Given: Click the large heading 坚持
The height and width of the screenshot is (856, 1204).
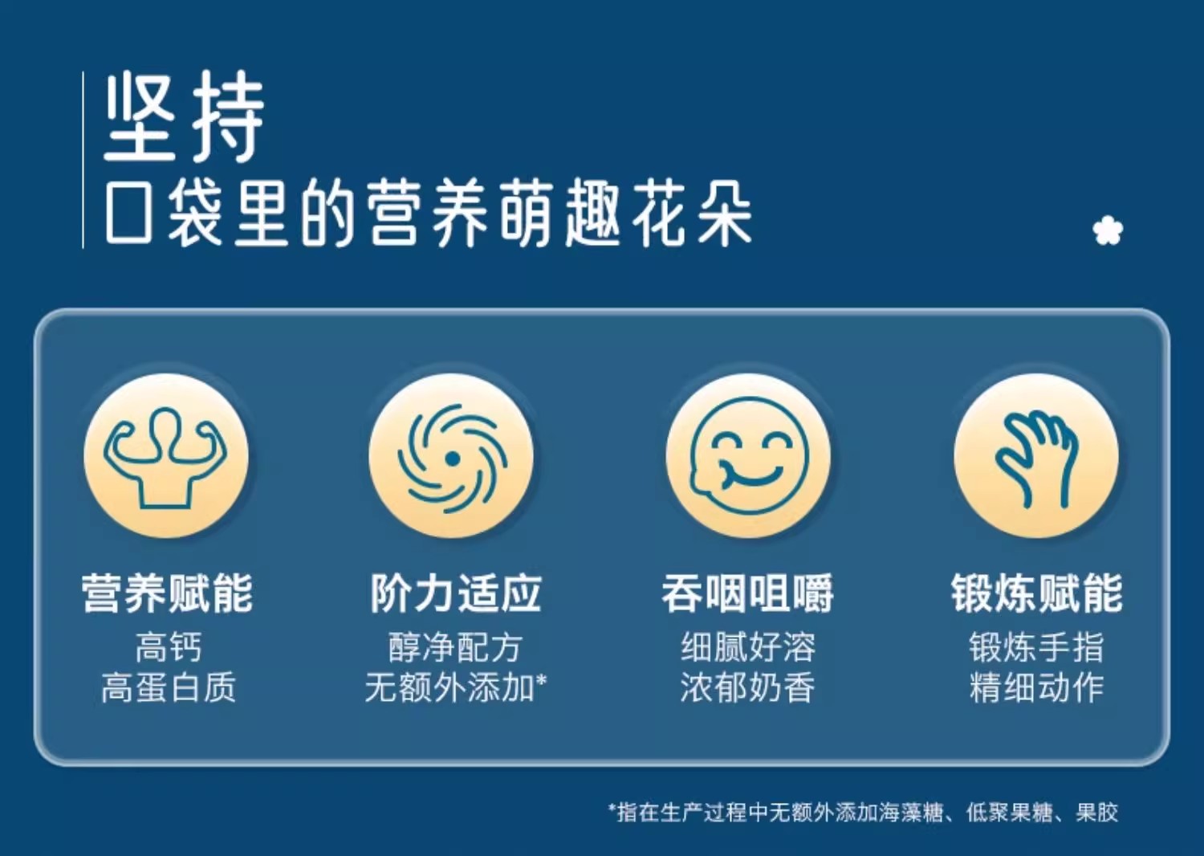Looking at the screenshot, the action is click(x=185, y=116).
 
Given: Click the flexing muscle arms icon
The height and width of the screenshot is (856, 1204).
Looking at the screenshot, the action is click(x=166, y=458).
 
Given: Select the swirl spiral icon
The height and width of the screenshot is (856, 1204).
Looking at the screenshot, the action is click(x=452, y=459).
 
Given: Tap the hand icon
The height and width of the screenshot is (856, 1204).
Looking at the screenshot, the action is click(x=1037, y=459).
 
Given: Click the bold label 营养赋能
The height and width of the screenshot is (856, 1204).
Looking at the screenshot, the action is click(x=167, y=593).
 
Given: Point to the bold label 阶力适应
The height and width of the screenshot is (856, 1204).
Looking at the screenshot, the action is click(x=456, y=593).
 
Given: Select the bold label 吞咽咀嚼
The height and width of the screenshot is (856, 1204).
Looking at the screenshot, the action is click(x=747, y=593).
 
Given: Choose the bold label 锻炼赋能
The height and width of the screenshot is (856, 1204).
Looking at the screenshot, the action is click(x=1037, y=593).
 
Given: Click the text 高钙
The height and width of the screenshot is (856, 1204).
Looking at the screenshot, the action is click(x=169, y=647).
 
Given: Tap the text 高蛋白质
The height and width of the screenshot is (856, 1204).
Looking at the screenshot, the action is click(x=169, y=687).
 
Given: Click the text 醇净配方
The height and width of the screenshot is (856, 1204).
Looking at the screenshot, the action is click(x=455, y=647).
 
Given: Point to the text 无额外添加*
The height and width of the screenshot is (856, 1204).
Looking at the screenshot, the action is click(x=456, y=687).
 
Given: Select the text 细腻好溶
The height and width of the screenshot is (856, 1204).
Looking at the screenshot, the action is click(x=747, y=647).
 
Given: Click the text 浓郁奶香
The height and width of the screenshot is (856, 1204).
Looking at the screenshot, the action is click(x=747, y=687).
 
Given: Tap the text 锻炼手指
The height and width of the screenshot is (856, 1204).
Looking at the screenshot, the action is click(x=1037, y=647).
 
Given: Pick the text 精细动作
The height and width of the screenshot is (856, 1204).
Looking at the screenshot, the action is click(x=1037, y=687).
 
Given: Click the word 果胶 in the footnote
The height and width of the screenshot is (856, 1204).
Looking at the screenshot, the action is click(x=1097, y=813).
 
